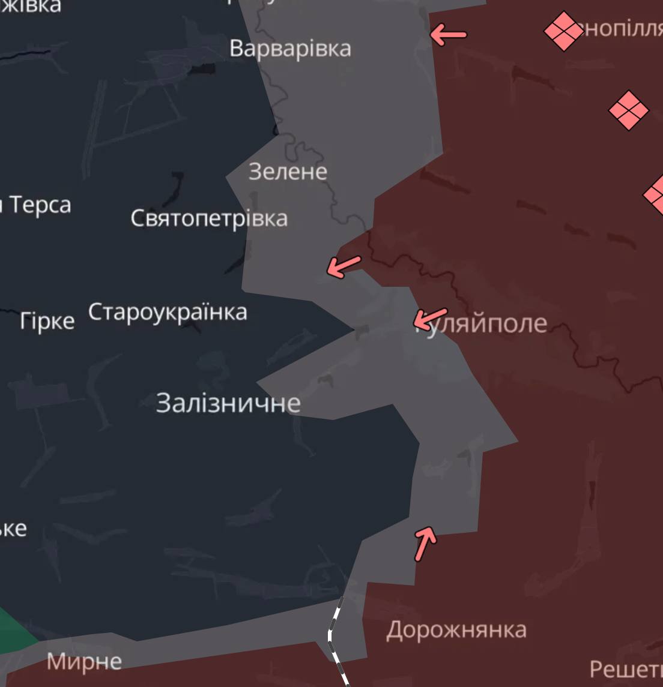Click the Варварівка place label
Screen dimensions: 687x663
coord(290,49)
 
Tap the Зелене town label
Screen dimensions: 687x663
coord(288,172)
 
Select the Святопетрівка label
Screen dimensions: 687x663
coord(209,218)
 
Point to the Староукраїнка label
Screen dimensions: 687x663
coord(168,312)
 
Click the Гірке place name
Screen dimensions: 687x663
coord(47,321)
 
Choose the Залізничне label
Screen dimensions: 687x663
coord(228,403)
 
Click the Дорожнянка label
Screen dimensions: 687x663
coord(456,630)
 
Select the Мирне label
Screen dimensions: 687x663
coord(84,661)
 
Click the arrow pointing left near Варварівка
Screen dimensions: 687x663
coord(448,35)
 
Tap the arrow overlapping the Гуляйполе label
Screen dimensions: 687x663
coord(431,318)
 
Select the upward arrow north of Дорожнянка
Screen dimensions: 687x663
coord(425,542)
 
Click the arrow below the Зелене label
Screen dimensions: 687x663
coord(344,266)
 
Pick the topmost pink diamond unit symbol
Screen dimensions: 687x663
coord(563,31)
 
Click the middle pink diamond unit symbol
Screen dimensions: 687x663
coord(628,110)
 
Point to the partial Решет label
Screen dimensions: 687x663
coord(626,669)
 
